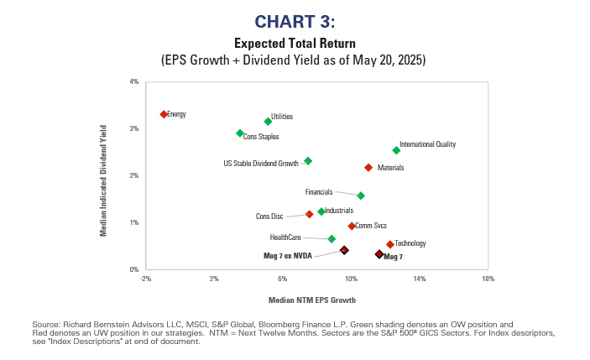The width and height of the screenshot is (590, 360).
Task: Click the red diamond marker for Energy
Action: (164, 114)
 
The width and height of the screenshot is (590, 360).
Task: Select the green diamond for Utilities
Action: (268, 122)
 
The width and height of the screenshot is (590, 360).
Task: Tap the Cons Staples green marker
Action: (240, 133)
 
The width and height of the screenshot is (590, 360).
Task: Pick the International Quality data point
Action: (396, 150)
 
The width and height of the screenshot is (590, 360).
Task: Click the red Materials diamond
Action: (368, 168)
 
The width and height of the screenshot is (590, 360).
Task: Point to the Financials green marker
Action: (361, 196)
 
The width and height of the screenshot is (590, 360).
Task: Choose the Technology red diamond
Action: (390, 244)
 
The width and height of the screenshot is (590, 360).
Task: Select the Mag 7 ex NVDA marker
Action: (344, 250)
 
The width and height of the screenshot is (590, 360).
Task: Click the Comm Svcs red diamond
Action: (352, 226)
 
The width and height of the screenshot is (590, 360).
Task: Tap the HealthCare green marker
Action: (332, 239)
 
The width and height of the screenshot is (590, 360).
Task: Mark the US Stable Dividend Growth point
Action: (308, 161)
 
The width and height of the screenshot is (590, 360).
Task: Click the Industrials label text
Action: (338, 211)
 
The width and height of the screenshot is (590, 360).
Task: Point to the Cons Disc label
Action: (269, 217)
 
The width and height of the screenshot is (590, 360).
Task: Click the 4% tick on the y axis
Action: (133, 81)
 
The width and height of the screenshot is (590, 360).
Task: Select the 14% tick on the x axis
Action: (420, 279)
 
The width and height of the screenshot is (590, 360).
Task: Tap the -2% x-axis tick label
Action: (145, 279)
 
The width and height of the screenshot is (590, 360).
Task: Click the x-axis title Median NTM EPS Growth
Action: (311, 300)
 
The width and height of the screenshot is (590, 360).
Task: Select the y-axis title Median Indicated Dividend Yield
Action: (104, 180)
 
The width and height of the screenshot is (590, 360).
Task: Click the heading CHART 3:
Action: (294, 20)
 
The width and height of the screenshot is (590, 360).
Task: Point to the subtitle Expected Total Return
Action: (294, 43)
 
